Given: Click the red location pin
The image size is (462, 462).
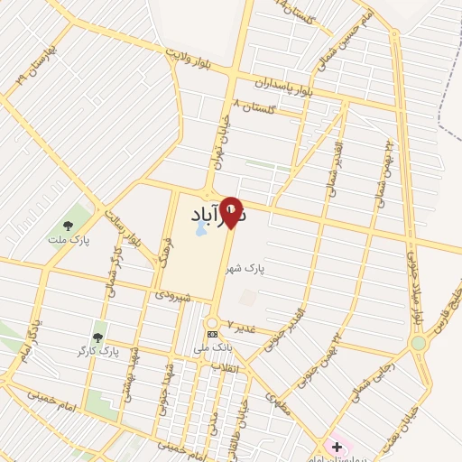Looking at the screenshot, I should [232, 212].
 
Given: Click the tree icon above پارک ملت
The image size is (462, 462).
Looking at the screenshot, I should [68, 226].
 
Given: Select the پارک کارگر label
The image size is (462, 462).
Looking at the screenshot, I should [98, 349].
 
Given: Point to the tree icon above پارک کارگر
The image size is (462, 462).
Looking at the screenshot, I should [98, 336].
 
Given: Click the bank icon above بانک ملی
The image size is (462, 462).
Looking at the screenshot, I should [212, 334].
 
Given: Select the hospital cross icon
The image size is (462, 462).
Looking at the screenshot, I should [337, 447].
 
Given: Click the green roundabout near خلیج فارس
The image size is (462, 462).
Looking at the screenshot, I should [419, 343].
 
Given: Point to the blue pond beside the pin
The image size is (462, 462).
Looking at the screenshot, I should [200, 231].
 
